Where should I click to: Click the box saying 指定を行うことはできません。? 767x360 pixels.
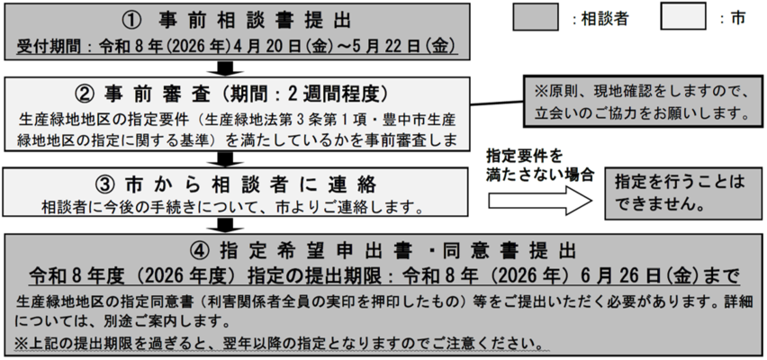(x=681, y=191)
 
